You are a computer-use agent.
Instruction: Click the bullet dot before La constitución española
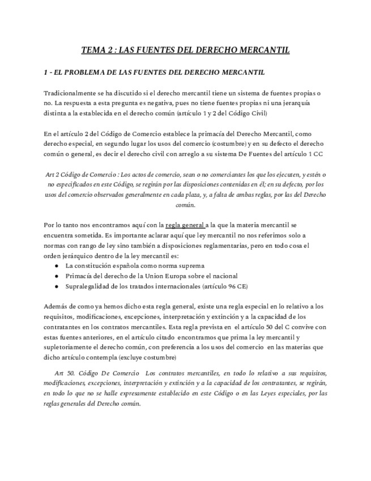click(x=56, y=265)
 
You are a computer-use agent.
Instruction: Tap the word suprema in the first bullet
click(x=191, y=265)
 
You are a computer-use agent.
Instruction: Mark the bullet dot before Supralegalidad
click(x=56, y=286)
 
